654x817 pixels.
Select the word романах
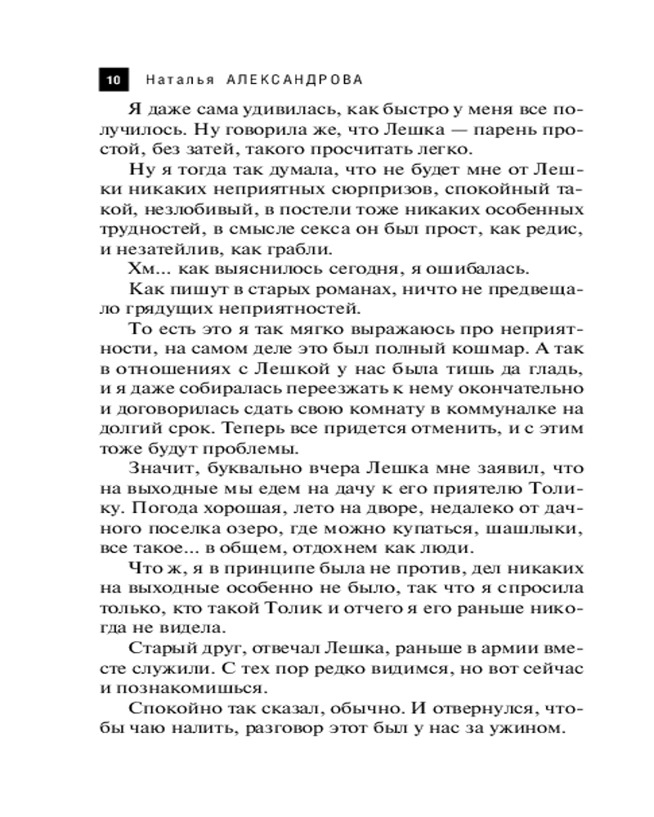341,289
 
